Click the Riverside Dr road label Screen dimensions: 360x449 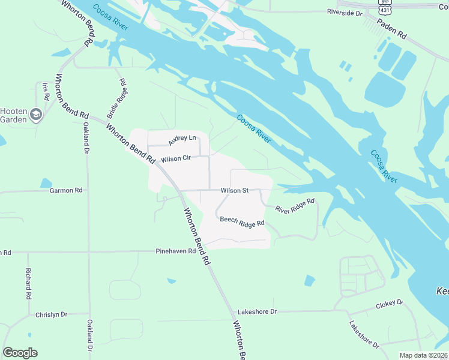(345, 12)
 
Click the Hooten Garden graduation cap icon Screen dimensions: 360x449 (36, 115)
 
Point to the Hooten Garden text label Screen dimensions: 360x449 (13, 115)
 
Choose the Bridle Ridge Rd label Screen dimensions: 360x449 (118, 97)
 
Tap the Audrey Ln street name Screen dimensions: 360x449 (182, 140)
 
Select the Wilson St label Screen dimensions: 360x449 (234, 190)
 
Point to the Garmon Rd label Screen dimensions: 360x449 (65, 190)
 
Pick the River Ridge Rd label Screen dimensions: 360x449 (295, 206)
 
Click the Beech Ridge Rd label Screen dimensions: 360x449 (242, 222)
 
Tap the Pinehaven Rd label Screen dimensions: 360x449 (175, 251)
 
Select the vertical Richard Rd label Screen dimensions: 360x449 (28, 284)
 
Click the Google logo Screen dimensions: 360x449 (20, 353)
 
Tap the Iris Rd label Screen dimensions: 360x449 (45, 91)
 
